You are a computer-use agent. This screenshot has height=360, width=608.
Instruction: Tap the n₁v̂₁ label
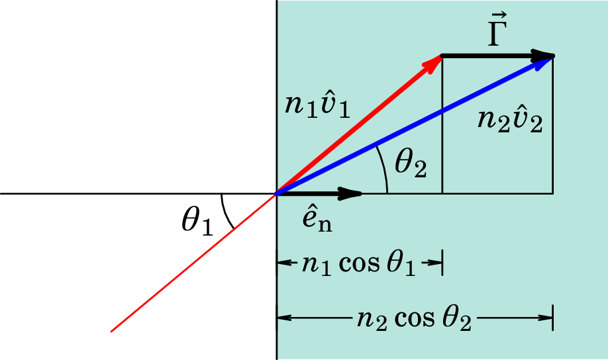coord(317,105)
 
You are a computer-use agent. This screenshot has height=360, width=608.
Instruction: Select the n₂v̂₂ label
coord(510,120)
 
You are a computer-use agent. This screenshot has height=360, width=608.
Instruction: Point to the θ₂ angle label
coord(411,164)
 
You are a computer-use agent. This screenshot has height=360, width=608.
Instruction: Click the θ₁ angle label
coord(197,222)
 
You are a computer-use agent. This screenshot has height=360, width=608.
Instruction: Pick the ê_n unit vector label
coord(317,220)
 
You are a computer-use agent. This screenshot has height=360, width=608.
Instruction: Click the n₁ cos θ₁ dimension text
coord(359,264)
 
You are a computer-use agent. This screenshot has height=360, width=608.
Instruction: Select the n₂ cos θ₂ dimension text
coord(414,319)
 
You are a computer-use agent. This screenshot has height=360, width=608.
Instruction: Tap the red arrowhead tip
coord(442,56)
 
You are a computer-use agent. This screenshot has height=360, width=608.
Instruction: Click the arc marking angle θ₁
coord(226,212)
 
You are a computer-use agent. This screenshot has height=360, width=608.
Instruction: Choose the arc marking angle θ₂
coord(384,169)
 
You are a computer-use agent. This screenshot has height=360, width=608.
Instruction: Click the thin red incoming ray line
coord(193,262)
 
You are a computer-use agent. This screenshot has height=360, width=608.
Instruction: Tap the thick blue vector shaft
coord(415,125)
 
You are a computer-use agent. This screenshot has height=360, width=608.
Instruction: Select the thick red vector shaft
coord(359,125)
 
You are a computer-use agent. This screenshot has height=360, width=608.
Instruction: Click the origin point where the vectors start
coord(276,193)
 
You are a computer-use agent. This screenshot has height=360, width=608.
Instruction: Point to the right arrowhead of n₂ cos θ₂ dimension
coord(546,318)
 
